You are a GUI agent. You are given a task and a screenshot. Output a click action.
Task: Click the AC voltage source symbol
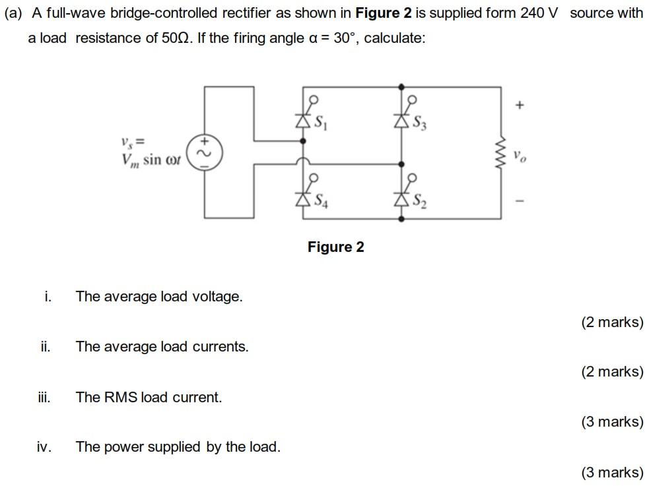tap(205, 152)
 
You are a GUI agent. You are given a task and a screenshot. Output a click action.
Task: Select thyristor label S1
tap(320, 123)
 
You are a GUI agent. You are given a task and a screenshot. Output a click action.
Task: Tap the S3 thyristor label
tap(420, 123)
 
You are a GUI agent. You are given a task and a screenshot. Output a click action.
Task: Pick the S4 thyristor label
tap(321, 201)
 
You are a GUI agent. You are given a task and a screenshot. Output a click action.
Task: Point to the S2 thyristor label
tap(420, 201)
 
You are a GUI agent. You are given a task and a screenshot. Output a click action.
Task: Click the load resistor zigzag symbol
tap(501, 154)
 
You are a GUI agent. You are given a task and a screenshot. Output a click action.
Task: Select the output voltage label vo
tap(520, 156)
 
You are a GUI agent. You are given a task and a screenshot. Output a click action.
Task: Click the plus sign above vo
tap(520, 105)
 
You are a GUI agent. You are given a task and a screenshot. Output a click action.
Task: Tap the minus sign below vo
tap(520, 201)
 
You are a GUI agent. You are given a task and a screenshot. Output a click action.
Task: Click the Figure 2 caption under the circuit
tap(335, 247)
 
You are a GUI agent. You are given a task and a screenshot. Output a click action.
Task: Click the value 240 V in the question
tap(539, 13)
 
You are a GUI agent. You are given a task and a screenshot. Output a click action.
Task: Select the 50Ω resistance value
tap(176, 38)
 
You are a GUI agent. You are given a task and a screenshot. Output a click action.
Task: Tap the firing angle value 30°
tap(345, 38)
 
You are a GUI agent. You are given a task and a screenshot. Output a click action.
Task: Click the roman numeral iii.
tap(44, 397)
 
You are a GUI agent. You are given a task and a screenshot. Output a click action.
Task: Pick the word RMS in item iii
tap(120, 397)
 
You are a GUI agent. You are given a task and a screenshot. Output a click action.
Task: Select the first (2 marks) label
tap(613, 322)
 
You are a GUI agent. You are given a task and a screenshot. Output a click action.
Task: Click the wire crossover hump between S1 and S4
tap(303, 162)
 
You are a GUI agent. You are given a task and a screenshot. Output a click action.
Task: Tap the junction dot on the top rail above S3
tap(401, 87)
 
